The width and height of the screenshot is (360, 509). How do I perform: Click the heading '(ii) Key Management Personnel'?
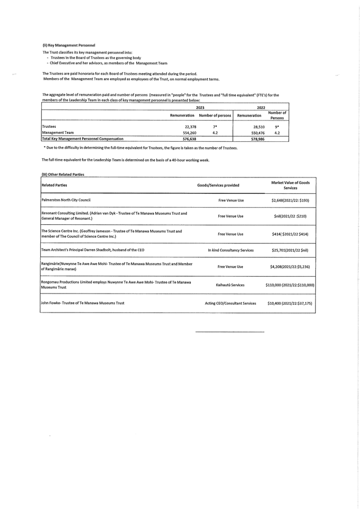[x=69, y=45]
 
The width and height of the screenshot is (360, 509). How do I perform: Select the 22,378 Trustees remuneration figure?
[x=190, y=127]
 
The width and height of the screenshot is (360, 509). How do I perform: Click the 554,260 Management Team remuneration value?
[x=189, y=133]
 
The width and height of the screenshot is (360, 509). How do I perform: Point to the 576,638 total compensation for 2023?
[x=189, y=139]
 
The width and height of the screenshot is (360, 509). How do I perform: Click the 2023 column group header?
[x=200, y=107]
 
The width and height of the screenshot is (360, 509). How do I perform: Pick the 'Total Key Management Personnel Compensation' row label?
[x=83, y=139]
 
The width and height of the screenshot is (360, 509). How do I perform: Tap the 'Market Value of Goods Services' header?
[x=290, y=185]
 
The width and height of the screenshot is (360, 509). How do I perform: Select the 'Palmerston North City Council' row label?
[x=66, y=200]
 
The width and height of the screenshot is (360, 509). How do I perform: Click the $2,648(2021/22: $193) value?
[x=290, y=200]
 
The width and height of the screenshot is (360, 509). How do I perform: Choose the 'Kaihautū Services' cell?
[x=230, y=285]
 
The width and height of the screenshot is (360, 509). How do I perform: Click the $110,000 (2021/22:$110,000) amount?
[x=290, y=285]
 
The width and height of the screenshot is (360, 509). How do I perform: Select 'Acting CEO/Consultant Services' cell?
[x=231, y=303]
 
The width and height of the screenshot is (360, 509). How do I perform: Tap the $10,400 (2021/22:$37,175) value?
[x=290, y=303]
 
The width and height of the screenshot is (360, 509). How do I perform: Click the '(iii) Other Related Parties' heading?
[x=63, y=174]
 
